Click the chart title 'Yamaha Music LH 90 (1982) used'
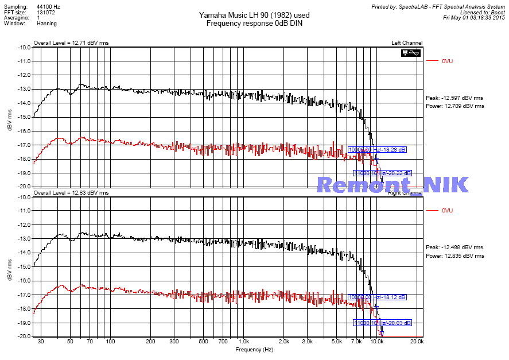[x=255, y=15]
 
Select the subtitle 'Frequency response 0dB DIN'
[x=255, y=23]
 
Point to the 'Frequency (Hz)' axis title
[x=255, y=349]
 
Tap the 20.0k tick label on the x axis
[x=416, y=342]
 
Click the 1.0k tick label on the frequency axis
[x=243, y=342]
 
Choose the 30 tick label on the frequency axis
[x=40, y=342]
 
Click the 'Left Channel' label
[x=407, y=43]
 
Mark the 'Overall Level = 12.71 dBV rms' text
[x=71, y=43]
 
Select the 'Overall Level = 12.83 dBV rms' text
[x=71, y=193]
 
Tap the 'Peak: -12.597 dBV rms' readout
[x=454, y=98]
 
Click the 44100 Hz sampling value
[x=48, y=6]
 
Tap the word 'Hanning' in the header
[x=46, y=24]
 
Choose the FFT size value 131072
[x=46, y=11]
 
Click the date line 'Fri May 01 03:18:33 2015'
[x=474, y=17]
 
